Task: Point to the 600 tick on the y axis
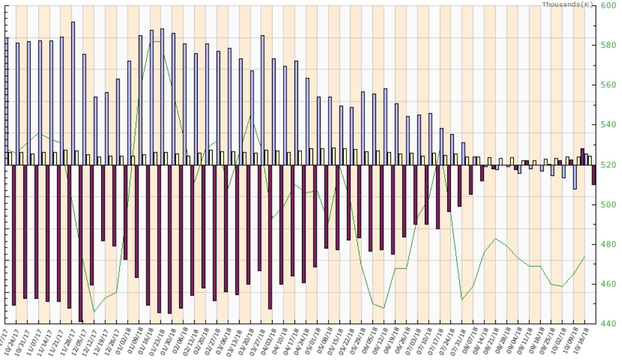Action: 608,5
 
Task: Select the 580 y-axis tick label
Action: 608,45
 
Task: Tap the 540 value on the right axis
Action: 608,124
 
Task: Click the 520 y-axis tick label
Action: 608,164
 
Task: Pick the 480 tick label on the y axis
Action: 608,244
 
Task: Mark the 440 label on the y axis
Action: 608,324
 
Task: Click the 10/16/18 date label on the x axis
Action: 584,340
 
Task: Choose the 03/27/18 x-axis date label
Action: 260,340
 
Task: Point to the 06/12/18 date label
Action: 383,340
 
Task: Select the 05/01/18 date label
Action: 316,340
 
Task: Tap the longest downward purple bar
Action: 81,245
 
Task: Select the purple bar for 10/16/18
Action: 594,175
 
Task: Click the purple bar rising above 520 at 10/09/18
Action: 583,156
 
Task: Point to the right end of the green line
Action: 584,257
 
